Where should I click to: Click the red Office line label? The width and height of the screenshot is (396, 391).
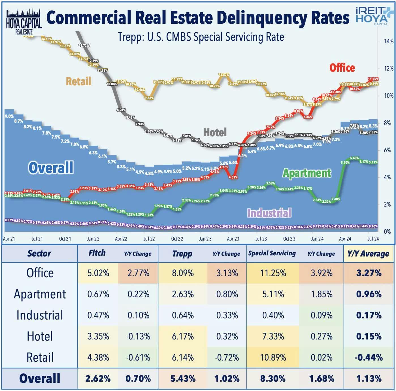coord(342,68)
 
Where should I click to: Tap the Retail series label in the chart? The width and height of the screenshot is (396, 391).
coord(78,81)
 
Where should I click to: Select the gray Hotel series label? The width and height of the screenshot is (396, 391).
coord(215,132)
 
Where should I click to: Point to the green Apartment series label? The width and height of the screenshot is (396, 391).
coord(307,173)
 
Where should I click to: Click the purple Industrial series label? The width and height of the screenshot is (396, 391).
coord(269,213)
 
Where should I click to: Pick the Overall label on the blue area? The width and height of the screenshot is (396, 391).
coord(51,167)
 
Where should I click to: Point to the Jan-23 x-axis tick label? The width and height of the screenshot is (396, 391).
coord(205,239)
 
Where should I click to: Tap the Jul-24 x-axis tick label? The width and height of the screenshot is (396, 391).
coord(373,239)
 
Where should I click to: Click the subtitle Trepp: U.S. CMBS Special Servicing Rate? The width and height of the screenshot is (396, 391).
coord(201,37)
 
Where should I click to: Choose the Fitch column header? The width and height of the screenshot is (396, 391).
coord(97,253)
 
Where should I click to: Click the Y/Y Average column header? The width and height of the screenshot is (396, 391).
coord(368,254)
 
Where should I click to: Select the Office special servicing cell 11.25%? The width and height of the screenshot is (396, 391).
coord(273,273)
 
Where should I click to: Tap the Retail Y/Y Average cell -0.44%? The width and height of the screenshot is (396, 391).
coord(369,358)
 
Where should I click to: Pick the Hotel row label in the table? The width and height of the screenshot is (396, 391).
coord(40,336)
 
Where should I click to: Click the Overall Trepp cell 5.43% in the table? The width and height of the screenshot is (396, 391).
coord(183,379)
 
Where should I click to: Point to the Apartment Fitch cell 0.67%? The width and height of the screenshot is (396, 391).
coord(98,294)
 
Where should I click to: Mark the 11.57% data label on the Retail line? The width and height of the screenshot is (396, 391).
coord(223,75)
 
